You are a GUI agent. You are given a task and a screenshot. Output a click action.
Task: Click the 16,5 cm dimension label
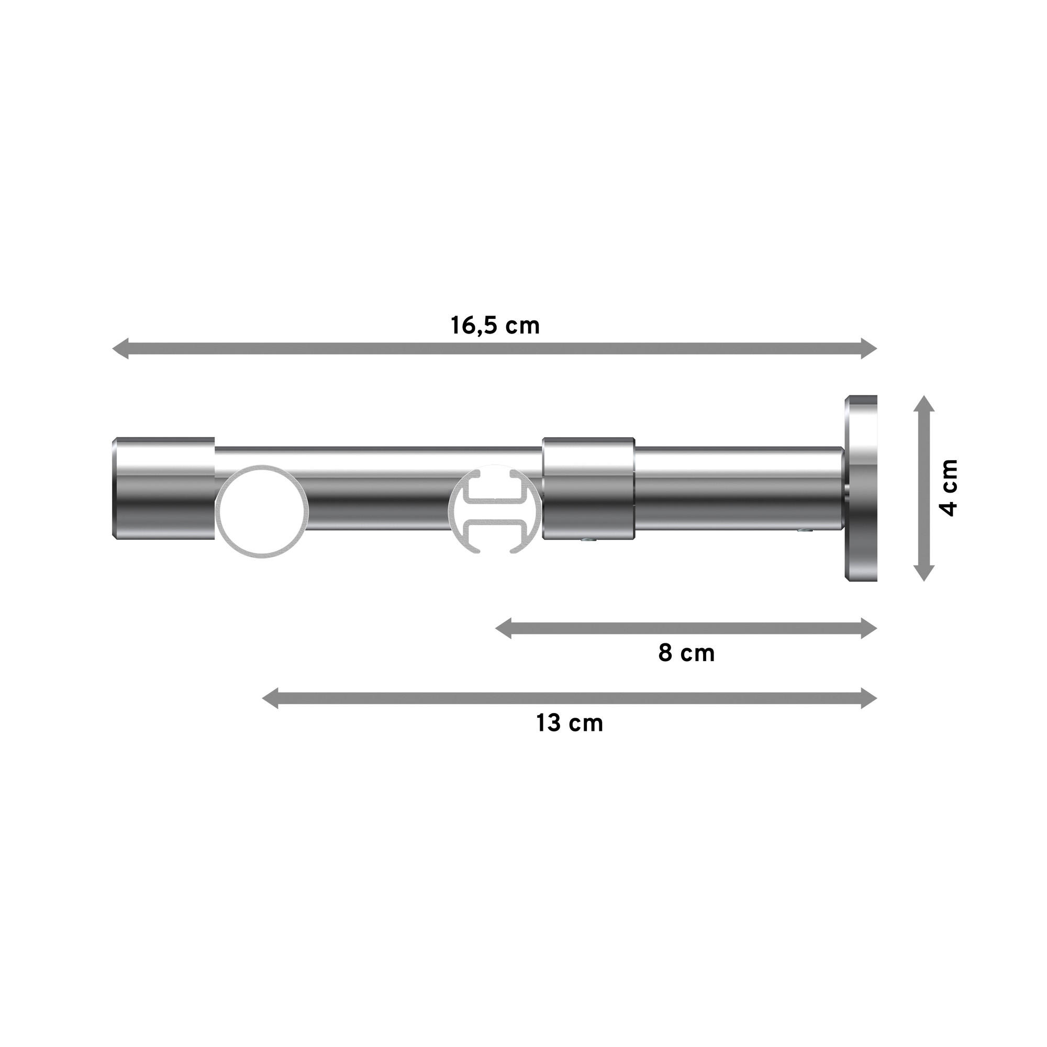tap(495, 326)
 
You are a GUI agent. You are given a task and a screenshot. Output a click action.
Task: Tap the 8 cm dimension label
tap(686, 653)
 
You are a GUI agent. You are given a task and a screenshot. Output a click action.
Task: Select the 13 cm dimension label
tap(569, 723)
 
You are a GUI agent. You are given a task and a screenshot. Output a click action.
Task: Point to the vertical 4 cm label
tap(949, 488)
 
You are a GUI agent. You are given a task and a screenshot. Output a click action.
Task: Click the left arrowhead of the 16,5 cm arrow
tap(120, 348)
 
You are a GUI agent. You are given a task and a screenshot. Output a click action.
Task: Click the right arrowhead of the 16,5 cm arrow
tap(868, 348)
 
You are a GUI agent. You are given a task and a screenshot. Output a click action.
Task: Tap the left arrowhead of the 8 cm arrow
tap(504, 629)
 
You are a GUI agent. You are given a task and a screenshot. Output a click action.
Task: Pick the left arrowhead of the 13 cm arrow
tap(271, 698)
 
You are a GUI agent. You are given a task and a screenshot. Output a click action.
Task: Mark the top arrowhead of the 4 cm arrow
tap(924, 404)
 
